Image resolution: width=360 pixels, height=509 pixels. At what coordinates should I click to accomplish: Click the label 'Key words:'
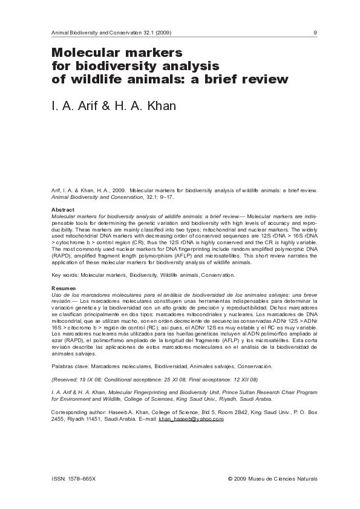(65, 275)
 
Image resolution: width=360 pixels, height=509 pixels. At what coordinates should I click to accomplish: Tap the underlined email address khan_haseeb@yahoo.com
(191, 418)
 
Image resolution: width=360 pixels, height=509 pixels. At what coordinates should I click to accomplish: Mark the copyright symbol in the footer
(230, 478)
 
